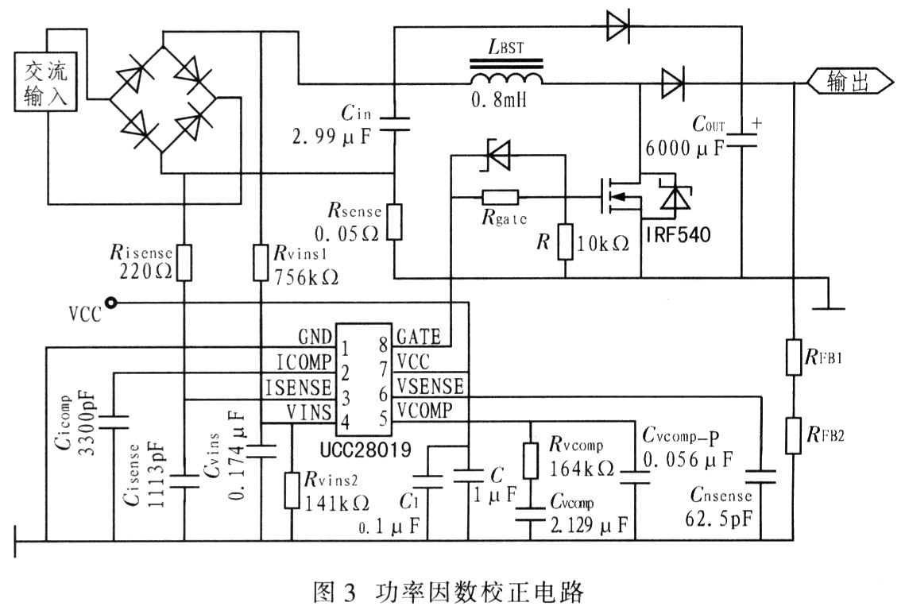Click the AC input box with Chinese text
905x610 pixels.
tap(46, 82)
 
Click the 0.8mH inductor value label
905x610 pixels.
tap(499, 100)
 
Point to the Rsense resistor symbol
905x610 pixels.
tap(394, 222)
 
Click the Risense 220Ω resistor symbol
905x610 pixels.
tap(184, 263)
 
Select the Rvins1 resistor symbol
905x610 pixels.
tap(261, 263)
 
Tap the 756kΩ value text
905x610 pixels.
tap(306, 277)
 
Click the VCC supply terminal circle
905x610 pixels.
tap(110, 303)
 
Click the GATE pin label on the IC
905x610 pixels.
tap(419, 337)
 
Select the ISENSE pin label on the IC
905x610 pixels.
tap(299, 388)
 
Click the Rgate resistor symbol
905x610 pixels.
tap(500, 197)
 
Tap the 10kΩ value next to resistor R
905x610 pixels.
tap(602, 244)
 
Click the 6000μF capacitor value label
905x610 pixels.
tap(685, 149)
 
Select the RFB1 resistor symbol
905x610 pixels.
tap(794, 357)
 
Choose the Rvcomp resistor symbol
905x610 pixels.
tap(531, 461)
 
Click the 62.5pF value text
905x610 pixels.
tap(719, 519)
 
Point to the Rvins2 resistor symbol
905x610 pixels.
tap(292, 491)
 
